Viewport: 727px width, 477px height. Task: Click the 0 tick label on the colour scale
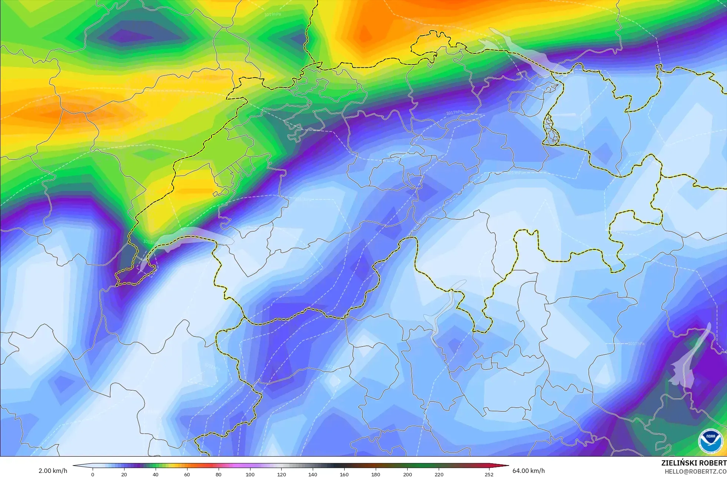coord(93,474)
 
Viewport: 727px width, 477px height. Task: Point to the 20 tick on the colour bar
coord(124,474)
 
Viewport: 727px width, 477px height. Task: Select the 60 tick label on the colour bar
coord(187,474)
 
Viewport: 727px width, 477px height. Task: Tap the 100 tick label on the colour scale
coord(250,474)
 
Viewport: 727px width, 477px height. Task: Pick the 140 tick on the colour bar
coord(313,474)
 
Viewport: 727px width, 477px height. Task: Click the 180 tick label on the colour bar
coord(376,474)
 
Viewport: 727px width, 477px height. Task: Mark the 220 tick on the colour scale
coord(439,474)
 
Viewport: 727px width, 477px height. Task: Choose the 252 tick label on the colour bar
coord(489,474)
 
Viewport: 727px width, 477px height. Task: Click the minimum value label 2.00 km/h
coord(53,471)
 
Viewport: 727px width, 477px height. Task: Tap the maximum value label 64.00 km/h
coord(528,471)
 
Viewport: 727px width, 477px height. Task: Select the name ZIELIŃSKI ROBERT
coord(694,463)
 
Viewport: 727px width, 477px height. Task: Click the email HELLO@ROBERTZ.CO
coord(695,471)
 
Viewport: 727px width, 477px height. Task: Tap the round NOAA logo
coord(710,441)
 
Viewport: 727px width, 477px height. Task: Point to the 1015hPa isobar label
coord(151,242)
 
